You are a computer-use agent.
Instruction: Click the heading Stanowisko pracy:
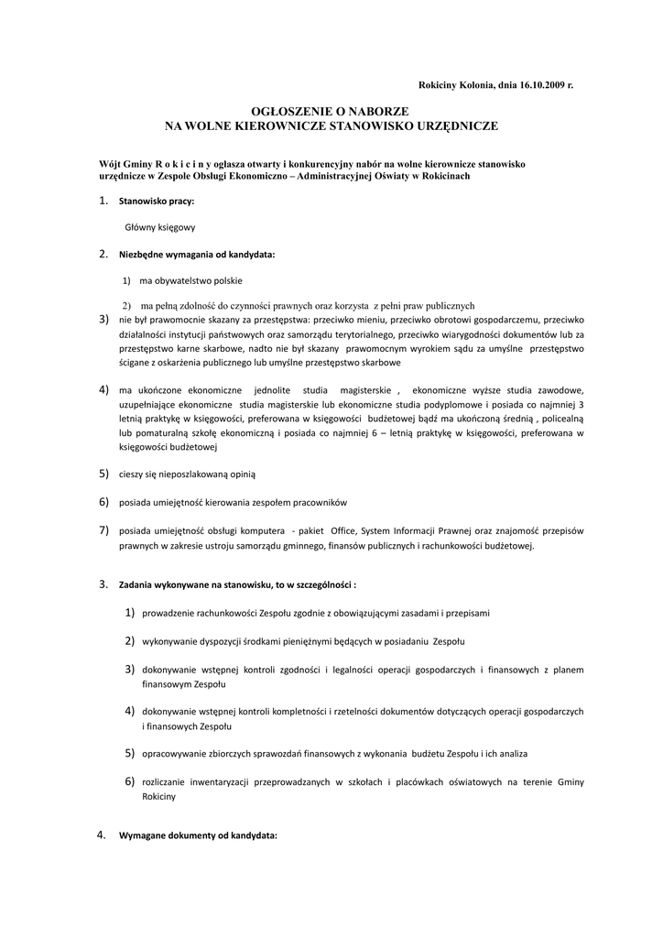[x=157, y=201]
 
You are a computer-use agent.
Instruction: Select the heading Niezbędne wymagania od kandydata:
[x=197, y=254]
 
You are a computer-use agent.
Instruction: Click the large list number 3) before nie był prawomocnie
[x=103, y=320]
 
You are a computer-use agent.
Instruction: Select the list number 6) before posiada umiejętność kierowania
[x=103, y=502]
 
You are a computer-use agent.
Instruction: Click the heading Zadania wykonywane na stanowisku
[x=236, y=584]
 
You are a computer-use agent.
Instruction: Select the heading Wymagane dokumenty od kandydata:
[x=198, y=836]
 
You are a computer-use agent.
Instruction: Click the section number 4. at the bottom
[x=103, y=835]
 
